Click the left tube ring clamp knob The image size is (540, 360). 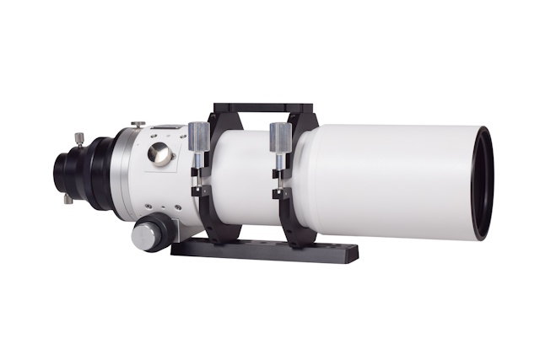(197, 135)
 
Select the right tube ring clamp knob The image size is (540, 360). (280, 135)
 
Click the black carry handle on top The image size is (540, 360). (262, 108)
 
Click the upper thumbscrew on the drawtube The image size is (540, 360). (78, 138)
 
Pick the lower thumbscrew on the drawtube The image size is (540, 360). (67, 199)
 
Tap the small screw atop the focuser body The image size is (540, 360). (138, 125)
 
